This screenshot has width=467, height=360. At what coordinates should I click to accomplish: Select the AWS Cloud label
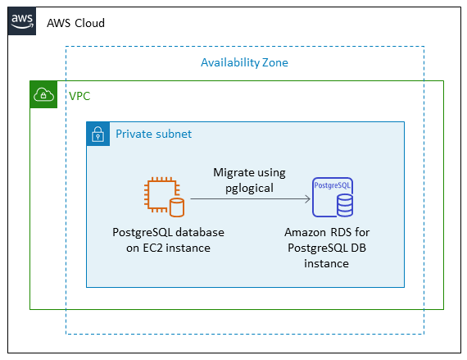coord(75,23)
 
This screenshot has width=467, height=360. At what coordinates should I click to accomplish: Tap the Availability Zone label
coord(244,62)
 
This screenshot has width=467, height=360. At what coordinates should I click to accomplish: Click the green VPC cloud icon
coord(44,95)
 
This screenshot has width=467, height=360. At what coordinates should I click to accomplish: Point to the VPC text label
coord(79,96)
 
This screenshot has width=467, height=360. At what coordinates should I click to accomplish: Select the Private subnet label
coord(153,134)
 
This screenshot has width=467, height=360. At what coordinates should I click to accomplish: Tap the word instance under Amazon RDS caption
coord(326,264)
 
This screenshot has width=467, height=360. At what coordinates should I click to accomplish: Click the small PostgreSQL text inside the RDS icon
coord(333,186)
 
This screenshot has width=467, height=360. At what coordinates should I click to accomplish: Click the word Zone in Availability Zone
coord(274,62)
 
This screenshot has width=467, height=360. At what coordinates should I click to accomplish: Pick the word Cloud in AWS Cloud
coord(89,23)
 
